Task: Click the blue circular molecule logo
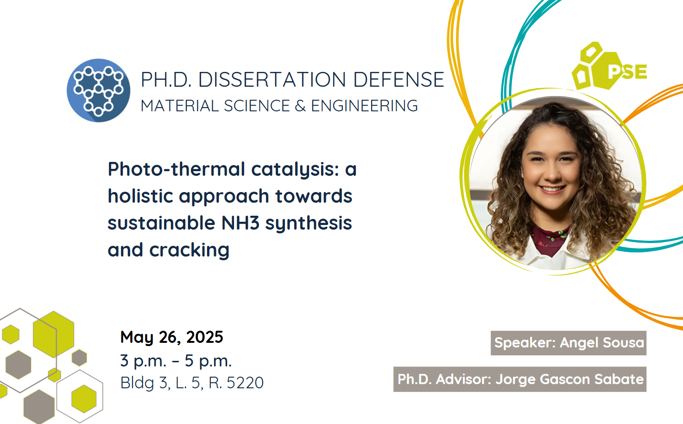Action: (99, 90)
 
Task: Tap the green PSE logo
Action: (609, 66)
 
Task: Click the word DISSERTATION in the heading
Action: (272, 80)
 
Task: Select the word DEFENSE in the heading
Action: (398, 80)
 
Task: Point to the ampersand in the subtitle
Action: (300, 106)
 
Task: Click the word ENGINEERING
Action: (364, 106)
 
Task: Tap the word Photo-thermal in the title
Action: (177, 169)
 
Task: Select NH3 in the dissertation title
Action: (240, 223)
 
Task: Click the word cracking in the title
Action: (189, 251)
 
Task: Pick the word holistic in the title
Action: (140, 196)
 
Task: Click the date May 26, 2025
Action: (171, 337)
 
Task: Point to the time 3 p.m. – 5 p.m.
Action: (176, 360)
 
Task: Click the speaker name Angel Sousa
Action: (602, 342)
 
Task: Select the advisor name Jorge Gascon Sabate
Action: (569, 379)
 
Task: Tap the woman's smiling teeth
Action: (552, 189)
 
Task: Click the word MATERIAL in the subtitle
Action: (180, 106)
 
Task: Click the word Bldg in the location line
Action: (137, 383)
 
